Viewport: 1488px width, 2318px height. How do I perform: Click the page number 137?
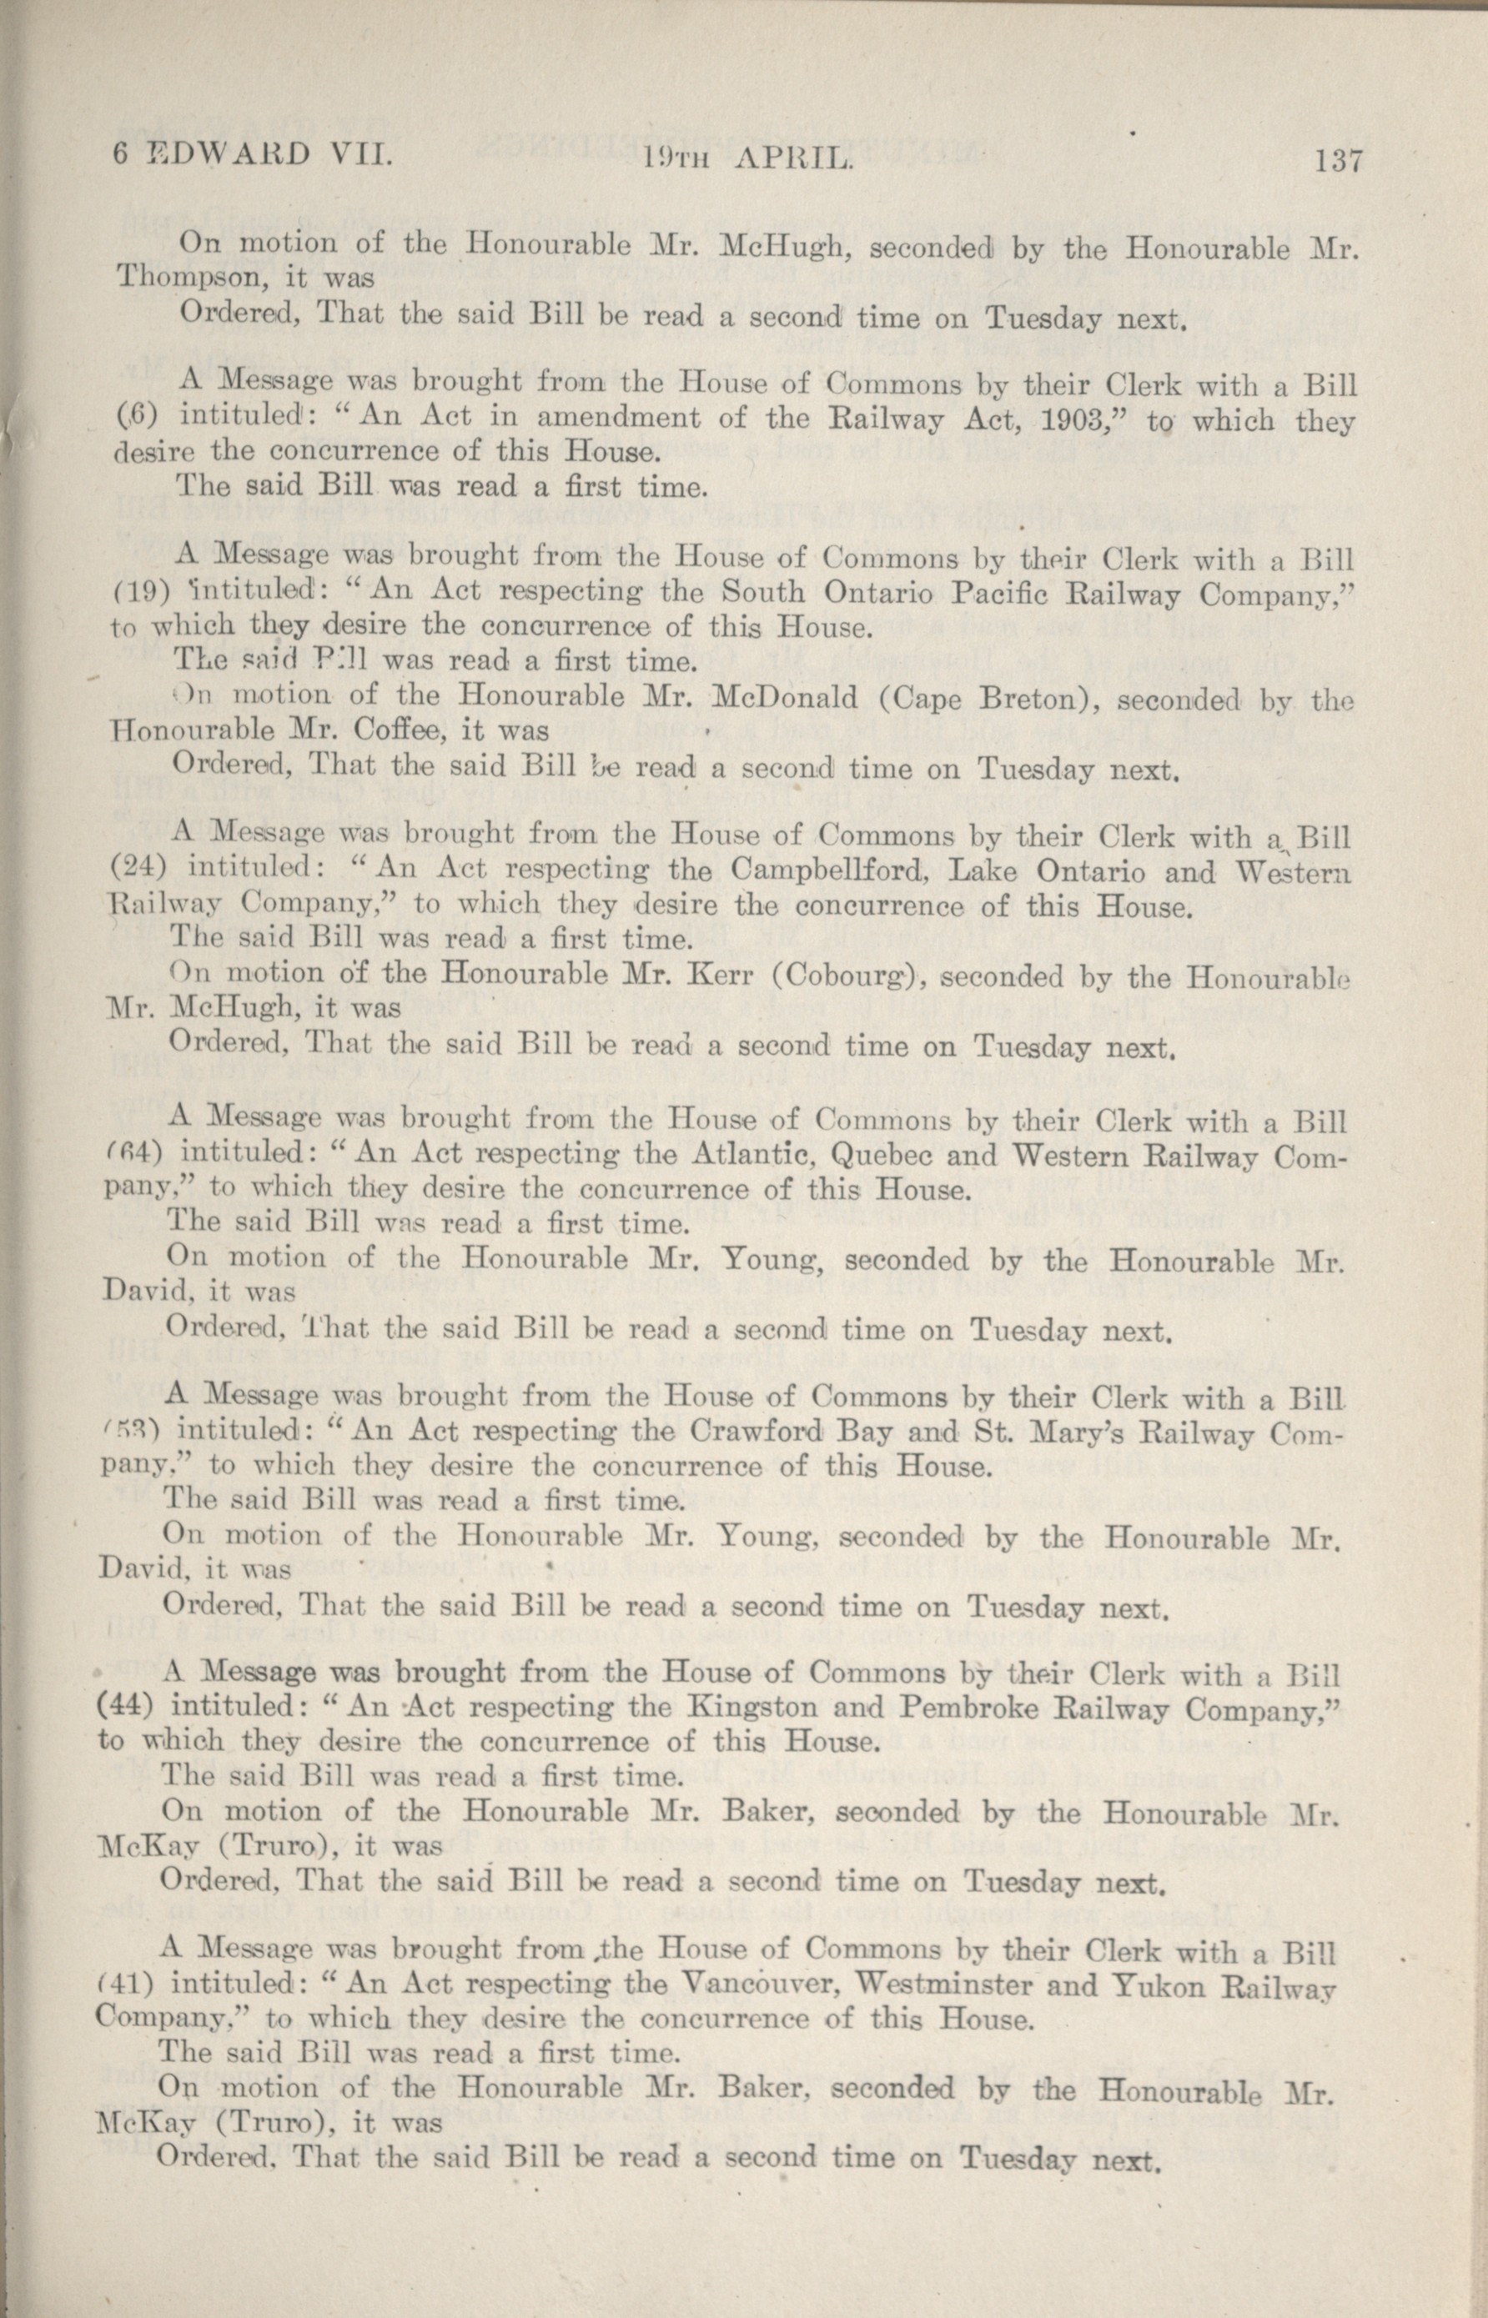tap(1336, 161)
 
